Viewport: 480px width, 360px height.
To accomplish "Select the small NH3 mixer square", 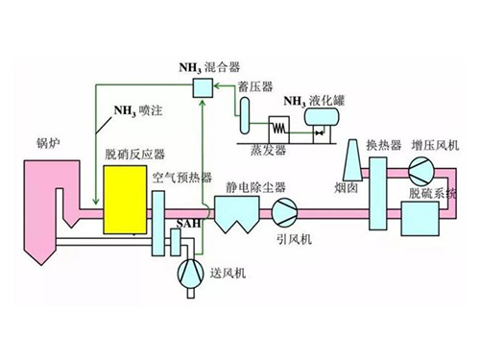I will pyautogui.click(x=203, y=88).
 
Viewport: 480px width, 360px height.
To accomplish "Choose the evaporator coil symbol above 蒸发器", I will pyautogui.click(x=280, y=126).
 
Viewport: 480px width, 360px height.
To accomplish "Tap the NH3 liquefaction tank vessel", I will pyautogui.click(x=321, y=118).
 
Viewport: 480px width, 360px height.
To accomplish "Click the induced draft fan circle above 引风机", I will pyautogui.click(x=284, y=211).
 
